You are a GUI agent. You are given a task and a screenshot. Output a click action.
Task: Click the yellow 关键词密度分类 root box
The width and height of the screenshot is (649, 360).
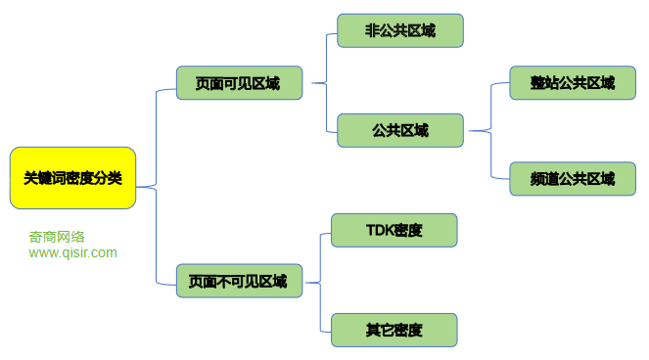72,178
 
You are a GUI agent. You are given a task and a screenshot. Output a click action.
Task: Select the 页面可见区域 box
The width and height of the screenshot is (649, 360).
239,83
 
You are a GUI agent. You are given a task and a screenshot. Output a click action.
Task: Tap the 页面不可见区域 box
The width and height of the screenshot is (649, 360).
239,281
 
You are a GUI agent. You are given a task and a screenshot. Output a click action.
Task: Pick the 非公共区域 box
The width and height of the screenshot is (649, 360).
399,30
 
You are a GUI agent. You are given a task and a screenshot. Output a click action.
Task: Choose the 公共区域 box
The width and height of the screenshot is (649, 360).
399,130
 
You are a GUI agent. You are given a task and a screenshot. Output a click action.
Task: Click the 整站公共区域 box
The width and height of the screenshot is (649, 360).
566,83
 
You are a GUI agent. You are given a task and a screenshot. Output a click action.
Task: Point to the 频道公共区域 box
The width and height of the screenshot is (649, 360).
566,179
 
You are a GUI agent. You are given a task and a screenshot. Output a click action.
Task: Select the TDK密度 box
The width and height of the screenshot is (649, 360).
394,230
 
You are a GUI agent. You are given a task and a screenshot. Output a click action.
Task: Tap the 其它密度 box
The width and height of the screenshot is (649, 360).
394,330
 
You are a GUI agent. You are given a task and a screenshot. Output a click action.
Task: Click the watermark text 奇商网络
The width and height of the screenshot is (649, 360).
57,236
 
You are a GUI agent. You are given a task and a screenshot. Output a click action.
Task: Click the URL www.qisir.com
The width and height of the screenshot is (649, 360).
72,252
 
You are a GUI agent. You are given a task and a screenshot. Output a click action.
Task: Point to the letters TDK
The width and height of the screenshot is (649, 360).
379,230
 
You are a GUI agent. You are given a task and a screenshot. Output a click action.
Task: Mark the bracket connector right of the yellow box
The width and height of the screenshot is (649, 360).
157,186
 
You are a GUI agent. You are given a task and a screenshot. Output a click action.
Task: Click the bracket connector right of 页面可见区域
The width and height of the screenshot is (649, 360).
325,83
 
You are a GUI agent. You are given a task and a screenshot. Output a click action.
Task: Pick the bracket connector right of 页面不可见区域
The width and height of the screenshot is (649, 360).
320,282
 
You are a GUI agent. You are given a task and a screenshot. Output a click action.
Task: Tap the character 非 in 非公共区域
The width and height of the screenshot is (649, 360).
372,30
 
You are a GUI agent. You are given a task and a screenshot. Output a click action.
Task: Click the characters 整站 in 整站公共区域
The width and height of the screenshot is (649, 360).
545,83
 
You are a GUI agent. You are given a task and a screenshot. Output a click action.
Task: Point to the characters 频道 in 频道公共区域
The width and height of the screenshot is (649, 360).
545,179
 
